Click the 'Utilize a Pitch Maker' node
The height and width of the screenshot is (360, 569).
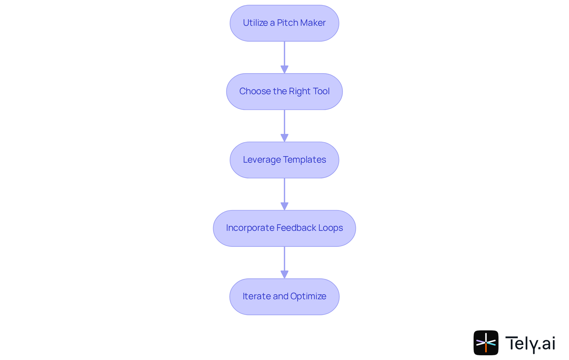[284, 23]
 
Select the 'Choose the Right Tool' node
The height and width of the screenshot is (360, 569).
[284, 92]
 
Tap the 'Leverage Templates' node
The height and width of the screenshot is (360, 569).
[284, 160]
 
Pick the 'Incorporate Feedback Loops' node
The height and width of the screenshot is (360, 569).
[284, 228]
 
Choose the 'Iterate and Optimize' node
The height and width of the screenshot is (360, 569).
[284, 297]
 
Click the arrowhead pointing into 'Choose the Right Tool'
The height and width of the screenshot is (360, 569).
[284, 70]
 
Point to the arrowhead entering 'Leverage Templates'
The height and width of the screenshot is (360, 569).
[284, 138]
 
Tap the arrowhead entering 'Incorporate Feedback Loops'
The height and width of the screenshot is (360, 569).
[284, 207]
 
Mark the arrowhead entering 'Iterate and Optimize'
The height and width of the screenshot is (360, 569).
[284, 275]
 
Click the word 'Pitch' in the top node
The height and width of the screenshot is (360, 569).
[287, 23]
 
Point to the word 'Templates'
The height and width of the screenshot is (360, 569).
[305, 160]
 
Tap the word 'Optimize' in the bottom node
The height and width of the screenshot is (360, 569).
[308, 296]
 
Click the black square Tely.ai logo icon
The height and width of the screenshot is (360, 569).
[486, 343]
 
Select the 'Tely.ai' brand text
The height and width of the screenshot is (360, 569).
[530, 343]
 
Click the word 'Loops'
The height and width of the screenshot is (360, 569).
[330, 228]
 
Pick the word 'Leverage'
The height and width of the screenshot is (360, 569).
[262, 160]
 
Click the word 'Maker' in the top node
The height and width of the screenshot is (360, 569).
[313, 23]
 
